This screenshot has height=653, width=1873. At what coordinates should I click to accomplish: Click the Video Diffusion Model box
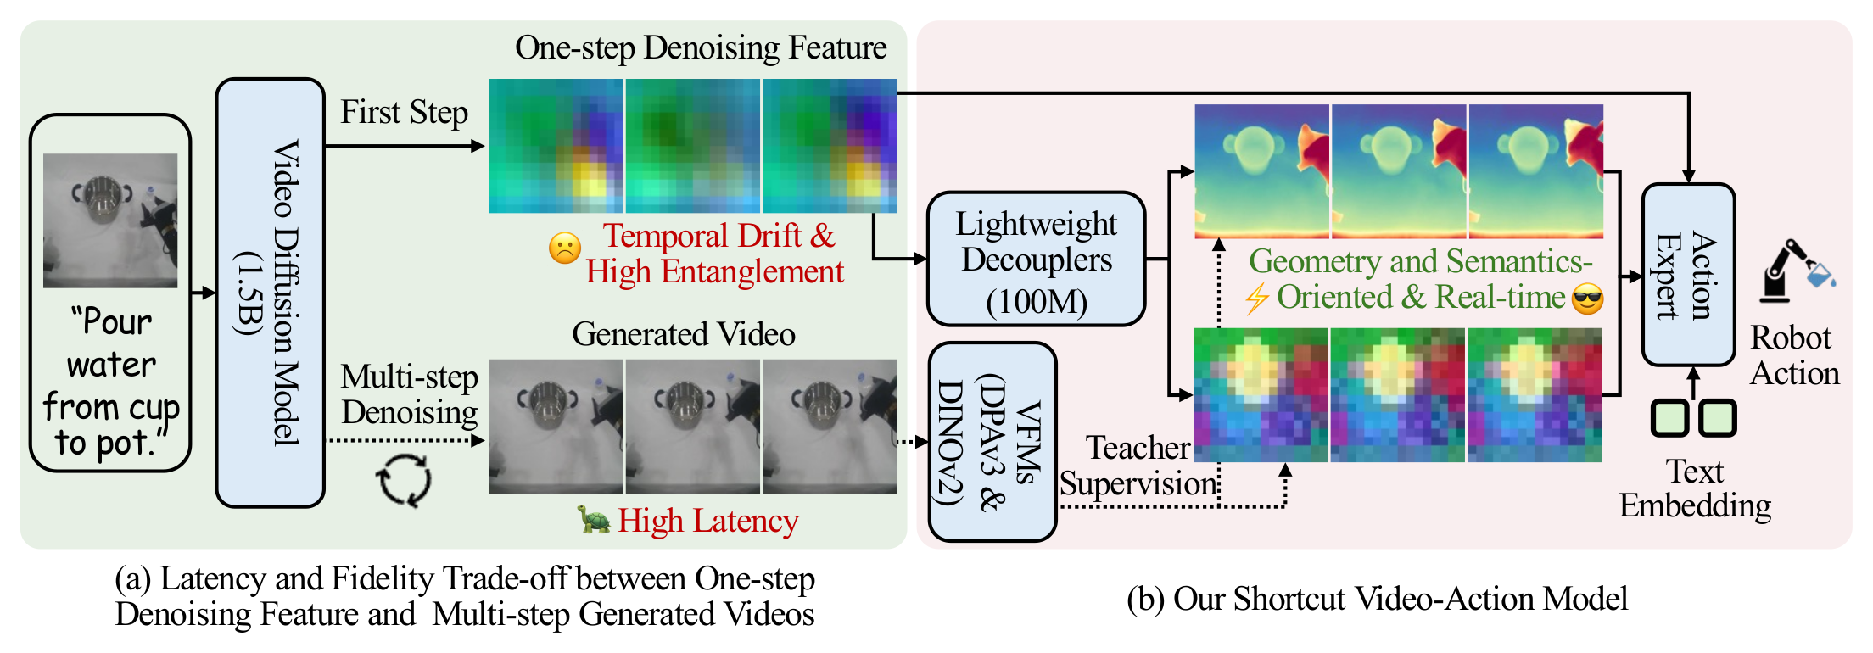(x=270, y=293)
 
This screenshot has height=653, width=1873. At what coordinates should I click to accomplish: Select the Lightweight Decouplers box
(x=1036, y=259)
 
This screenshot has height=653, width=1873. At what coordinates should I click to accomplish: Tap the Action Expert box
(x=1688, y=275)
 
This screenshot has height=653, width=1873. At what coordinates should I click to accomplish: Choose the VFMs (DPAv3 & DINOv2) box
(x=992, y=442)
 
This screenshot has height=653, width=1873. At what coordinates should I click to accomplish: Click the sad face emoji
(x=565, y=248)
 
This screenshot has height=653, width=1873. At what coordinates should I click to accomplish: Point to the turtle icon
(x=594, y=519)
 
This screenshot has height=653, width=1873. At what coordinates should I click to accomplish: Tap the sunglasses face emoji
(x=1587, y=299)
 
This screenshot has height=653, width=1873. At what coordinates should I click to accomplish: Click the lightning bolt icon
(x=1256, y=299)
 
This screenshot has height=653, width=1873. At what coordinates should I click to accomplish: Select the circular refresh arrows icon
(x=404, y=480)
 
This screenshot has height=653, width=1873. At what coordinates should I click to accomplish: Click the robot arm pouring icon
(x=1794, y=271)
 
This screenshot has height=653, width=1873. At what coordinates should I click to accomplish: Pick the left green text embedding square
(x=1669, y=417)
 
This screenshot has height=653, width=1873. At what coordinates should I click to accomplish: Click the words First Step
(x=404, y=112)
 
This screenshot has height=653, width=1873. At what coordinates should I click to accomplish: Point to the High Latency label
(x=707, y=521)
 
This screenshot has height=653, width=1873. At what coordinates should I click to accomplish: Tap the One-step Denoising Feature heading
(x=701, y=47)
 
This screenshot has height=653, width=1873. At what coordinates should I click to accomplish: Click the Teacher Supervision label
(x=1137, y=466)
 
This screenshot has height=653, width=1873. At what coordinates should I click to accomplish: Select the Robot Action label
(x=1794, y=355)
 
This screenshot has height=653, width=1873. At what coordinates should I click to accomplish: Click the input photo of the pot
(x=110, y=220)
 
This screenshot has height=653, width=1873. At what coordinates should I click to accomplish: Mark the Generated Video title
(x=683, y=334)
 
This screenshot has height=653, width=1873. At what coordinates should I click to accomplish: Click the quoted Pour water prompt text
(x=111, y=382)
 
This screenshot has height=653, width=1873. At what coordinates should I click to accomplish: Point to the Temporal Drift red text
(x=718, y=236)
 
